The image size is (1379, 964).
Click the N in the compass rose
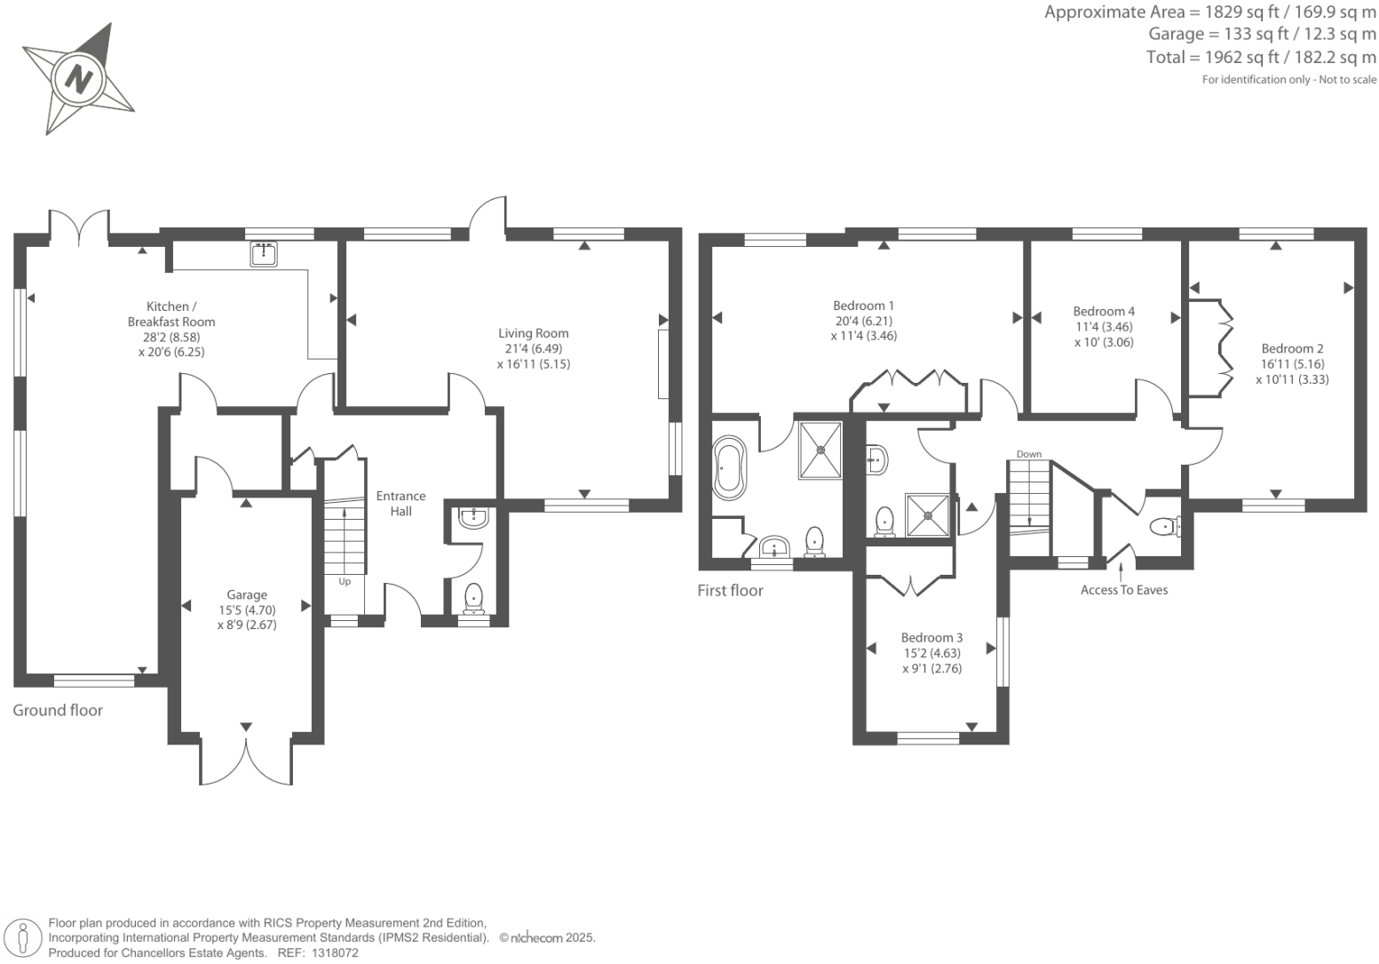coord(80,78)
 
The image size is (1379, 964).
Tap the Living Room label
coord(533,334)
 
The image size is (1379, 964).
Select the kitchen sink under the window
coord(264,254)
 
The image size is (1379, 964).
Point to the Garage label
coord(247,595)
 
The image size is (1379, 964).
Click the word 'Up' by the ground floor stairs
coord(345,582)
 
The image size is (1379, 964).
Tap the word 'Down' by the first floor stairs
coord(1029,454)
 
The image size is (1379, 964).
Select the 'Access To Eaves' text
coord(1124,590)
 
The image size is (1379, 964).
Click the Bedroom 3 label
coord(931,638)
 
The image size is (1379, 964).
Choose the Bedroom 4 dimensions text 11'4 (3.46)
coord(1104,327)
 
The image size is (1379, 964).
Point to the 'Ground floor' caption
coord(58,710)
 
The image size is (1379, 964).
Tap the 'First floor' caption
coord(730,590)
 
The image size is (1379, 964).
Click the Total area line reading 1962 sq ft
coord(1261,58)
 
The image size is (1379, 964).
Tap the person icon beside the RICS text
coord(24,938)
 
